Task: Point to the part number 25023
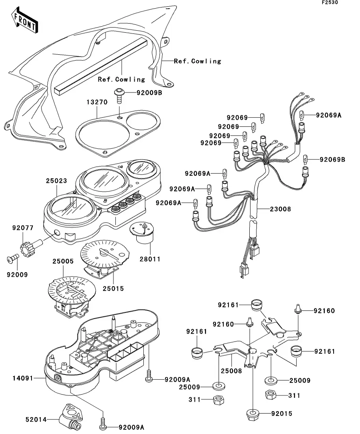click(56, 181)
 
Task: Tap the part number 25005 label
click(63, 261)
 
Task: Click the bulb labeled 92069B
click(305, 160)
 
